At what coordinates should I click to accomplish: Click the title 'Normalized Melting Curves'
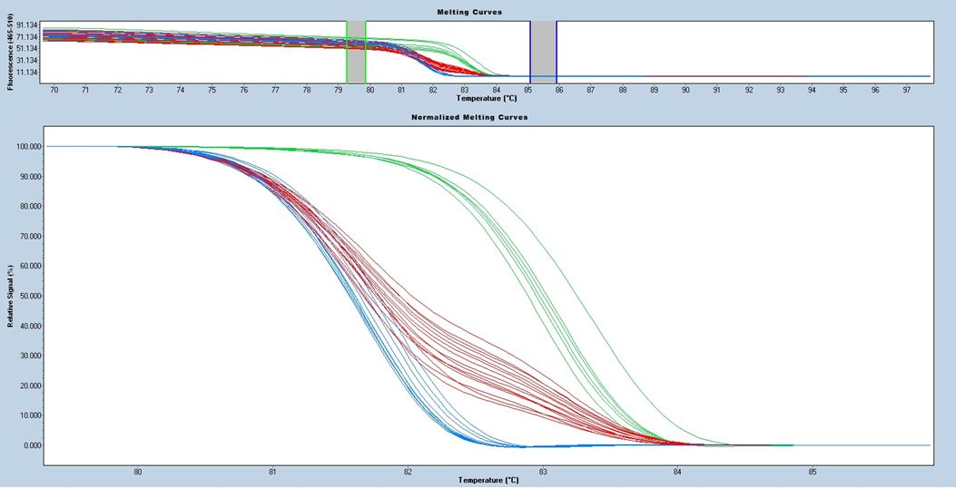tap(469, 118)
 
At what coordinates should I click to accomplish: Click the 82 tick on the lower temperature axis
tap(408, 472)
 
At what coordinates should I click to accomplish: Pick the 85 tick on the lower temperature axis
tap(813, 472)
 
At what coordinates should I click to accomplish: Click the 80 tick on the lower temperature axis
tap(138, 472)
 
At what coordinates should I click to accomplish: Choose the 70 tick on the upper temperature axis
tap(54, 90)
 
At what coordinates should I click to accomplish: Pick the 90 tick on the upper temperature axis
tap(685, 90)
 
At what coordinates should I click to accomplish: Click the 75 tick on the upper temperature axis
tap(212, 90)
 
